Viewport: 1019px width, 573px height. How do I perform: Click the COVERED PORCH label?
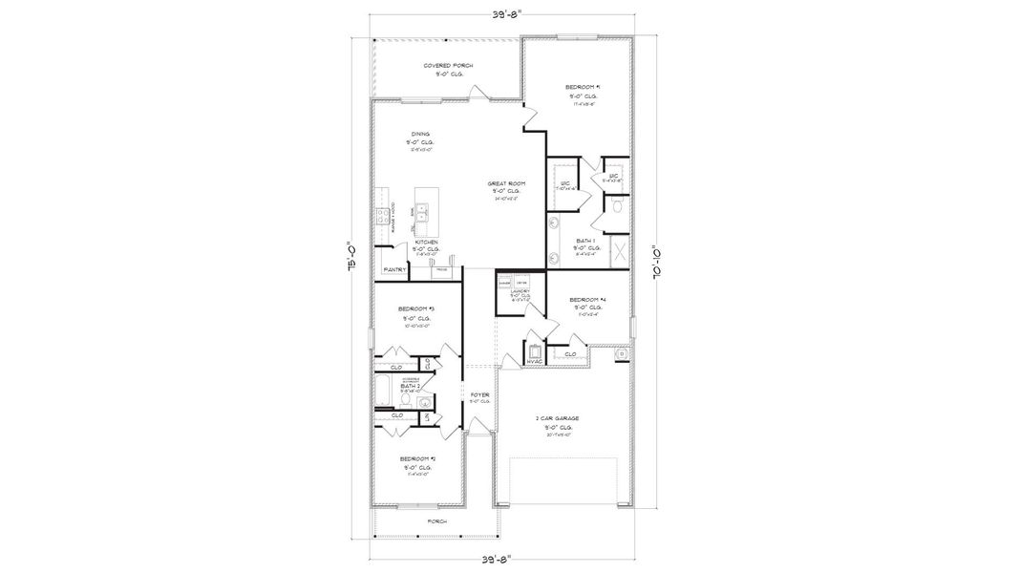pyautogui.click(x=448, y=66)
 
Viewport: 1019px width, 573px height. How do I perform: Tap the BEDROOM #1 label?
pyautogui.click(x=583, y=87)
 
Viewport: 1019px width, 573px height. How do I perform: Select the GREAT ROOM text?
pyautogui.click(x=506, y=182)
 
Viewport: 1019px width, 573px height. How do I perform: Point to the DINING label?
pyautogui.click(x=420, y=134)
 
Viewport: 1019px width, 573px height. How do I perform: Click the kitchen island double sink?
pyautogui.click(x=427, y=211)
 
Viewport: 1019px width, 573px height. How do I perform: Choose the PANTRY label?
pyautogui.click(x=395, y=270)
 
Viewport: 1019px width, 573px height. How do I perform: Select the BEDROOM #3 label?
pyautogui.click(x=416, y=308)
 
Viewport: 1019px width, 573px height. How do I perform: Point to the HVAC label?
pyautogui.click(x=535, y=361)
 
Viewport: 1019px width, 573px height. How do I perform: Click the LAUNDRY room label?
pyautogui.click(x=520, y=291)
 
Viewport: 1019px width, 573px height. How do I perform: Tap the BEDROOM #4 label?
pyautogui.click(x=587, y=300)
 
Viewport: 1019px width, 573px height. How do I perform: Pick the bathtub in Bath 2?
pyautogui.click(x=384, y=389)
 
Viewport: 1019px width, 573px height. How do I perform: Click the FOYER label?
pyautogui.click(x=479, y=393)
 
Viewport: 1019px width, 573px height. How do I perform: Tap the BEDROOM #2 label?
pyautogui.click(x=417, y=458)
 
